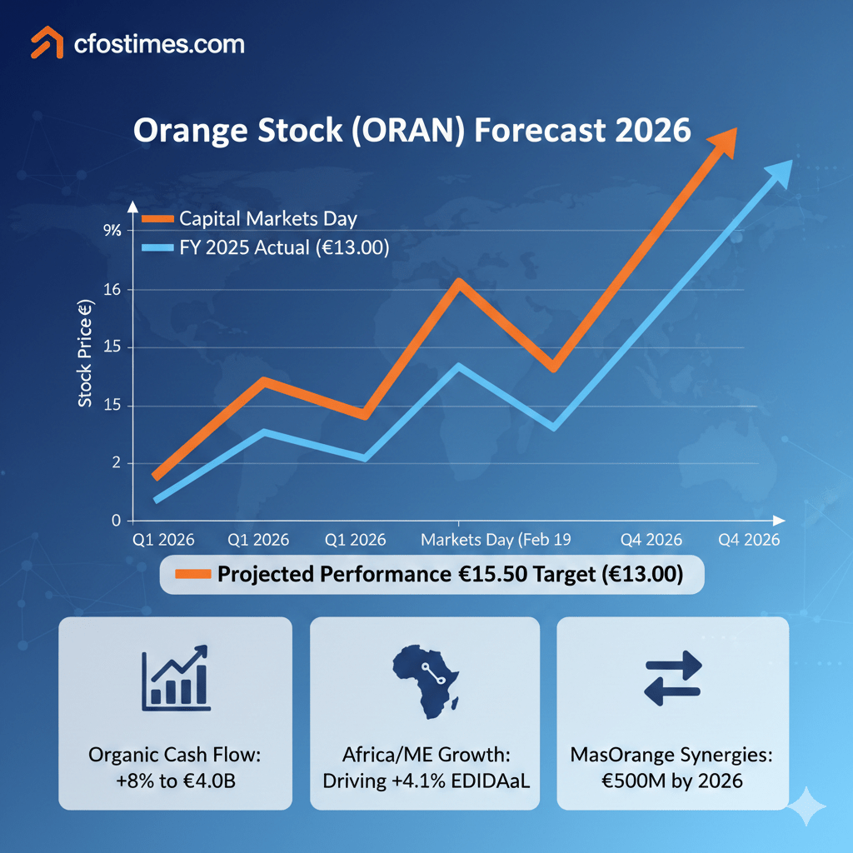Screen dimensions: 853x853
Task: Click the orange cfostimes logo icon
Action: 47,42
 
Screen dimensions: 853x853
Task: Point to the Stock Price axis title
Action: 87,357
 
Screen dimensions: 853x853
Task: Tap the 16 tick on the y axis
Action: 112,289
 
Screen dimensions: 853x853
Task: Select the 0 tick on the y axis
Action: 115,521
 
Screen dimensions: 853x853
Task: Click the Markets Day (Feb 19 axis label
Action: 496,540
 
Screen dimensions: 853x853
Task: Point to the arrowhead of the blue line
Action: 775,173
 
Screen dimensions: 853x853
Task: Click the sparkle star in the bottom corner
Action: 807,807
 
